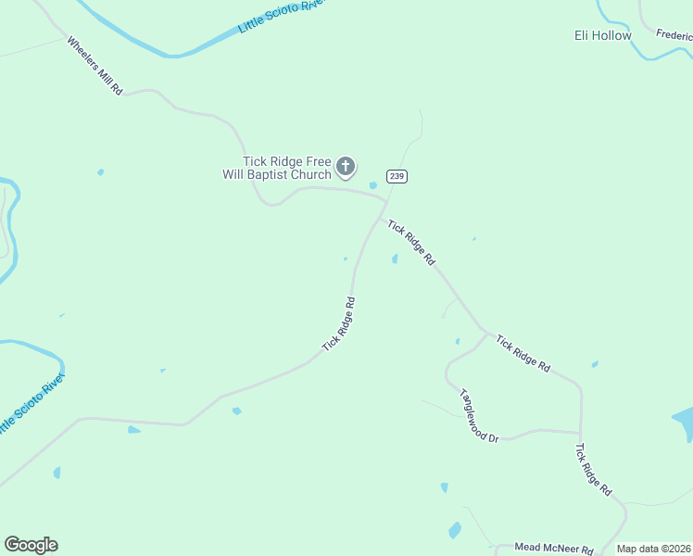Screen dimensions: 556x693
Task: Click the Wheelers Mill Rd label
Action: [94, 67]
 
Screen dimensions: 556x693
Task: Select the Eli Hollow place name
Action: [602, 36]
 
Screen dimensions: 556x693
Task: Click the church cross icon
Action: [345, 168]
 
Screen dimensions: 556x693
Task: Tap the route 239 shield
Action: [397, 176]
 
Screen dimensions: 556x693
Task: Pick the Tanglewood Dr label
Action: [479, 414]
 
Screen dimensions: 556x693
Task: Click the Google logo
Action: [31, 545]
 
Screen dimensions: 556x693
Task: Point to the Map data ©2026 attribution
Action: [654, 550]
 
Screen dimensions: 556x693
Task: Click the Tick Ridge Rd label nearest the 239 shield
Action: [411, 243]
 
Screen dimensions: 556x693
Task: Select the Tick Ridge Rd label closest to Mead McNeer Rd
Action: [593, 469]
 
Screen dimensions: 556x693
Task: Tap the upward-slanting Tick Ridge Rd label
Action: [339, 323]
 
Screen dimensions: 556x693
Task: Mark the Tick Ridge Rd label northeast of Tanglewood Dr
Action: [523, 354]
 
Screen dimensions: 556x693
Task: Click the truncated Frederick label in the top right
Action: [674, 35]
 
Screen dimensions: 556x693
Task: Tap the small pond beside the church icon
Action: [373, 185]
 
